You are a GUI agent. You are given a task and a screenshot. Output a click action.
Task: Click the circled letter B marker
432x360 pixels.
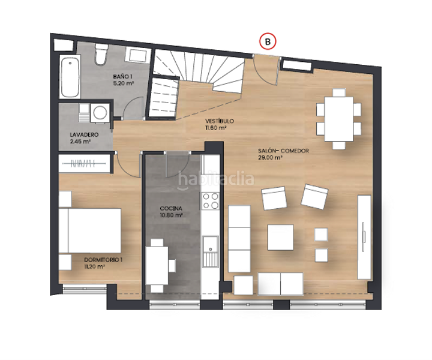(x=268, y=41)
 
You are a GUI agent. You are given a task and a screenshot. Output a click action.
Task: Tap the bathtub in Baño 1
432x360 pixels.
(x=70, y=77)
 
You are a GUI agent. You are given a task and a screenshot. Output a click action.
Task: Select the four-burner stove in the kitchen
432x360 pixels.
(x=211, y=201)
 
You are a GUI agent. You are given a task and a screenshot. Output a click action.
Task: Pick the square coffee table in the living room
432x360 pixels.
(x=280, y=237)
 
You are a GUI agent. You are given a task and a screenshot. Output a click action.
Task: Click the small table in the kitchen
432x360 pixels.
(x=158, y=264)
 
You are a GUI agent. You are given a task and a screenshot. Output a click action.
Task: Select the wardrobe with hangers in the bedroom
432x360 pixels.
(x=85, y=163)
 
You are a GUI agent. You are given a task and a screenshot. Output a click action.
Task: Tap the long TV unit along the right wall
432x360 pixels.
(x=364, y=237)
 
